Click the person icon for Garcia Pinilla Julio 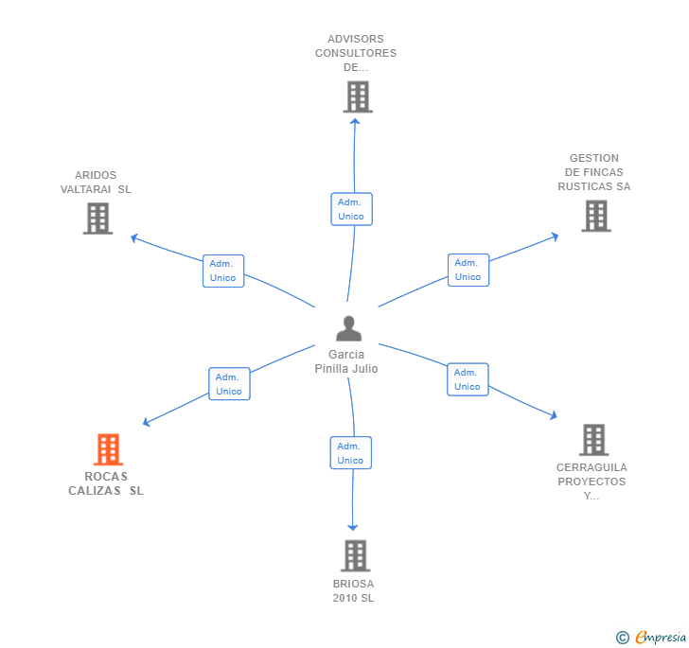[348, 328]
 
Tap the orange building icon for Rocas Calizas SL [108, 449]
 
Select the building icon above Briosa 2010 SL [356, 555]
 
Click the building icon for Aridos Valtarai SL [98, 219]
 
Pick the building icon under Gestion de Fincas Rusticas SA [596, 216]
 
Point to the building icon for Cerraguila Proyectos [593, 440]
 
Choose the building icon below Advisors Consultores [358, 96]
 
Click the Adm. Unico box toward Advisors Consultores [351, 209]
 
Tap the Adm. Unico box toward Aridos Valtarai [223, 271]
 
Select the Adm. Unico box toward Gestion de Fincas [468, 271]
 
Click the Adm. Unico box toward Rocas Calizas [229, 384]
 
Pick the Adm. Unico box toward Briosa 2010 [350, 453]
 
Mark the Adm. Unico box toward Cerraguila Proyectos [468, 379]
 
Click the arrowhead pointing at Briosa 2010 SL [352, 527]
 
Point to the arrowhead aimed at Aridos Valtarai [134, 238]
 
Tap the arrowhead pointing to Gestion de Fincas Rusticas [555, 236]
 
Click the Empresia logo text [661, 637]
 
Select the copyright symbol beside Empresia [622, 637]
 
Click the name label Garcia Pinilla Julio [346, 361]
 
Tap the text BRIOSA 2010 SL [353, 591]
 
